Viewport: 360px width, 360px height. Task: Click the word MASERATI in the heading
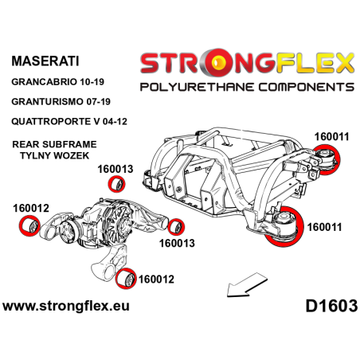[x=43, y=61]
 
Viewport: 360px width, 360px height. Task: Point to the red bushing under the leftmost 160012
[x=31, y=226]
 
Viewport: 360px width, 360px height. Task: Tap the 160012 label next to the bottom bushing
[x=156, y=280]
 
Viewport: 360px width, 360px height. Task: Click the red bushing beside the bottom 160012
[x=124, y=279]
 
